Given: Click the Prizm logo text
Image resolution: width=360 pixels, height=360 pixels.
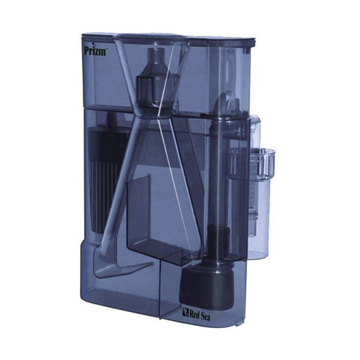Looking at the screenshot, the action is pos(95,51).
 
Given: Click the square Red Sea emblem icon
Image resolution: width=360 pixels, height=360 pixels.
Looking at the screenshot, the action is pos(185,312).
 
